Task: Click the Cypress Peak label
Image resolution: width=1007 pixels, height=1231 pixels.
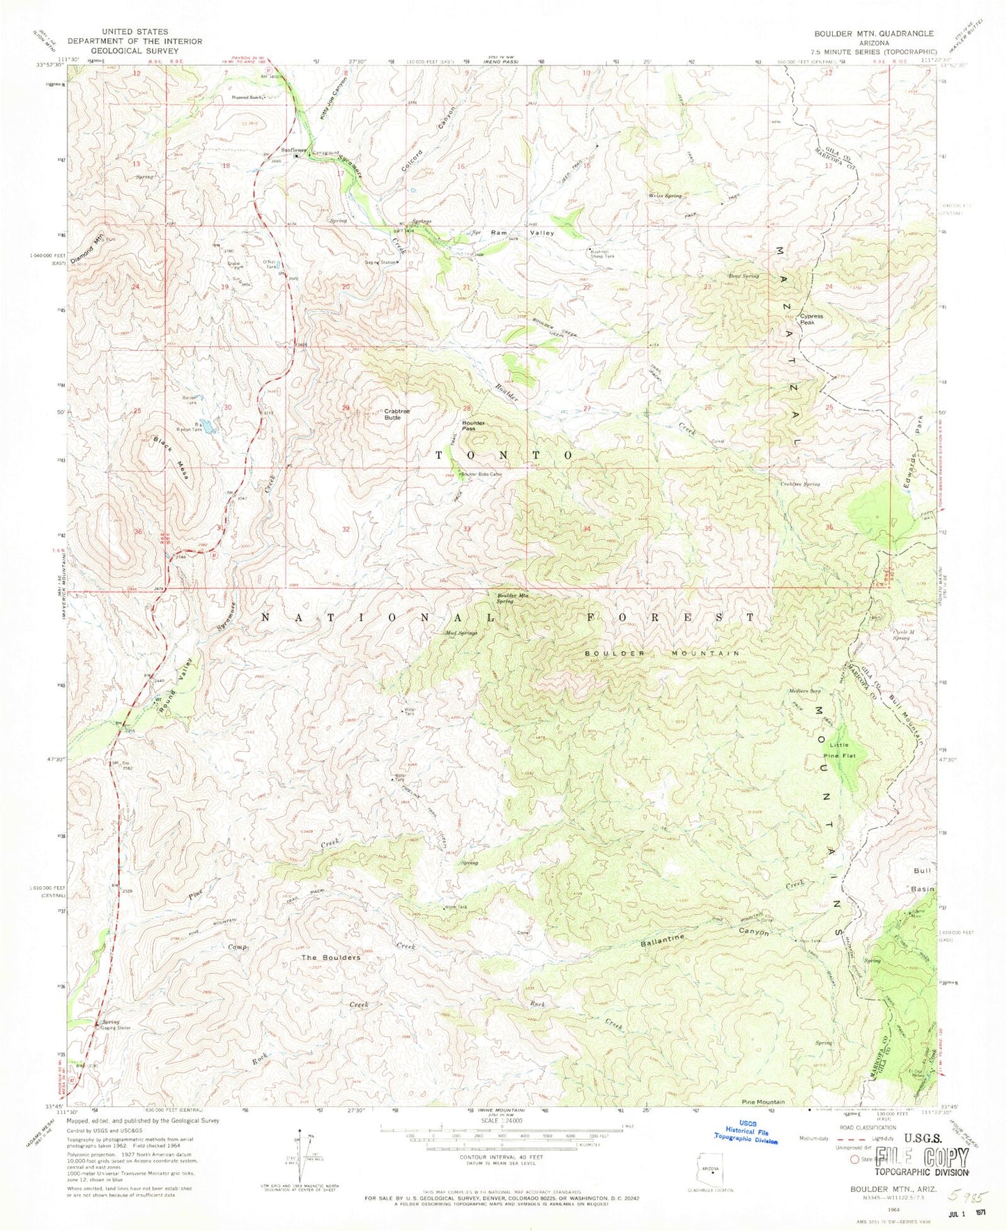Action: click(811, 319)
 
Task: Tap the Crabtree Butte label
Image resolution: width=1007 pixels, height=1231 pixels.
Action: click(397, 414)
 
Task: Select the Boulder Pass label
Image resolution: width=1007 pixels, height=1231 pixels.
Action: click(472, 425)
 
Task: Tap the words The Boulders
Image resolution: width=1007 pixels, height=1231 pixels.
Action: click(330, 958)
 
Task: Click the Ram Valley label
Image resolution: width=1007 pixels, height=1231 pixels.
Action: click(522, 233)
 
